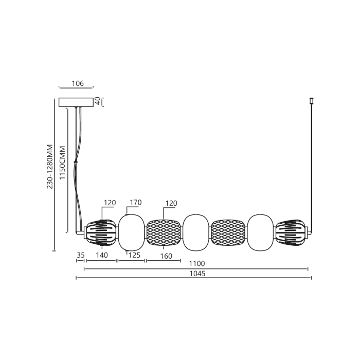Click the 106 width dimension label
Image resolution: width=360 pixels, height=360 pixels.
click(x=78, y=83)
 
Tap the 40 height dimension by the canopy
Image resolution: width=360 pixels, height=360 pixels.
click(x=97, y=101)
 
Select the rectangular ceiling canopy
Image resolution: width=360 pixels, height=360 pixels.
click(x=77, y=102)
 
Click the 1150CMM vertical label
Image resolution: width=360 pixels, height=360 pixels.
click(x=62, y=163)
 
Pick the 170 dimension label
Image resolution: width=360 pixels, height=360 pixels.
click(x=136, y=203)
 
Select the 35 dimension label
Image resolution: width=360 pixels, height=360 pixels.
click(x=81, y=255)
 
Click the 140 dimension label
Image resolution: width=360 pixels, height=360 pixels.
click(x=101, y=255)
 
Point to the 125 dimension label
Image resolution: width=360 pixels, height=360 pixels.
click(x=134, y=255)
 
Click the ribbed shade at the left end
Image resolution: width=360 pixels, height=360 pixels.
click(x=101, y=232)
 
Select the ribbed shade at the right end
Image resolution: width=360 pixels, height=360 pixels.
click(x=292, y=232)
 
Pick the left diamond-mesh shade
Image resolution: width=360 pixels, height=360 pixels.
click(x=164, y=232)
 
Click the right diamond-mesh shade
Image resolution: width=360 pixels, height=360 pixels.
click(x=228, y=232)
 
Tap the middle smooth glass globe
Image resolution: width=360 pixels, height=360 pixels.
click(x=196, y=232)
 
